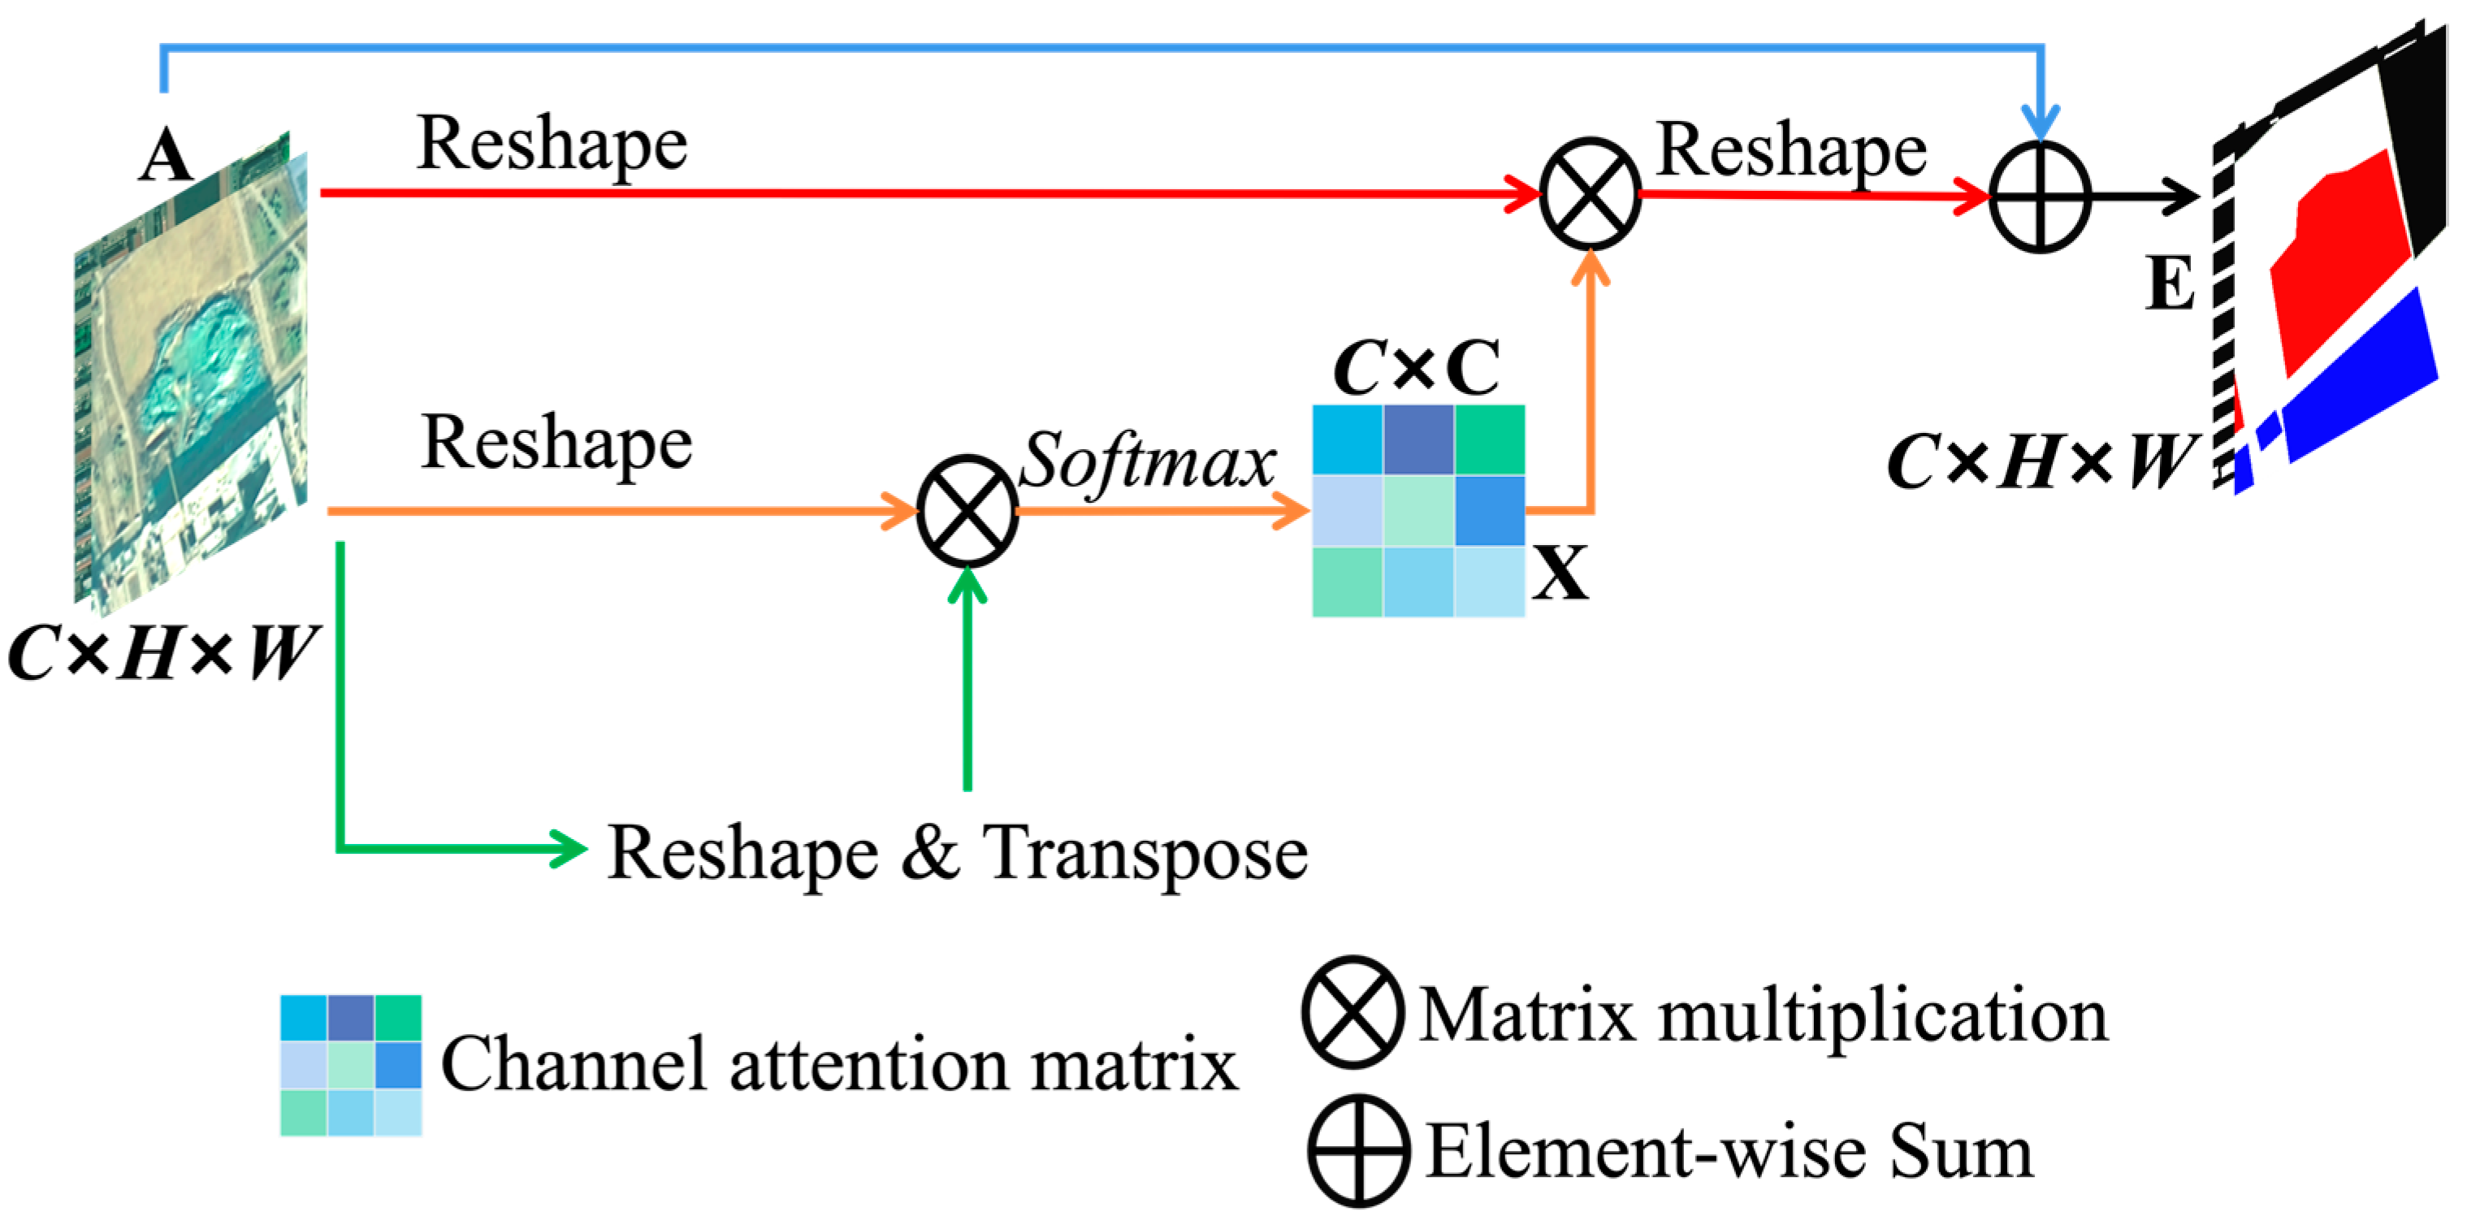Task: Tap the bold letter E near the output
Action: (x=2169, y=283)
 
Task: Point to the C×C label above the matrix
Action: (x=1417, y=369)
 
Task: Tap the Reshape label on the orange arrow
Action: (x=556, y=444)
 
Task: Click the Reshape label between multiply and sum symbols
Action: (x=1791, y=151)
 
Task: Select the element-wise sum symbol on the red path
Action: (x=2039, y=197)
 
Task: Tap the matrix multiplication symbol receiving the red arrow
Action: (x=1590, y=193)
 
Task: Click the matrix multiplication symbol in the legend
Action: (x=1353, y=1012)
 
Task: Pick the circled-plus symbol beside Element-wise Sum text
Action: (x=1358, y=1150)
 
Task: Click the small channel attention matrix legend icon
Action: (x=350, y=1065)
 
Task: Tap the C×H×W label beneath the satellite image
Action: (x=161, y=654)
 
